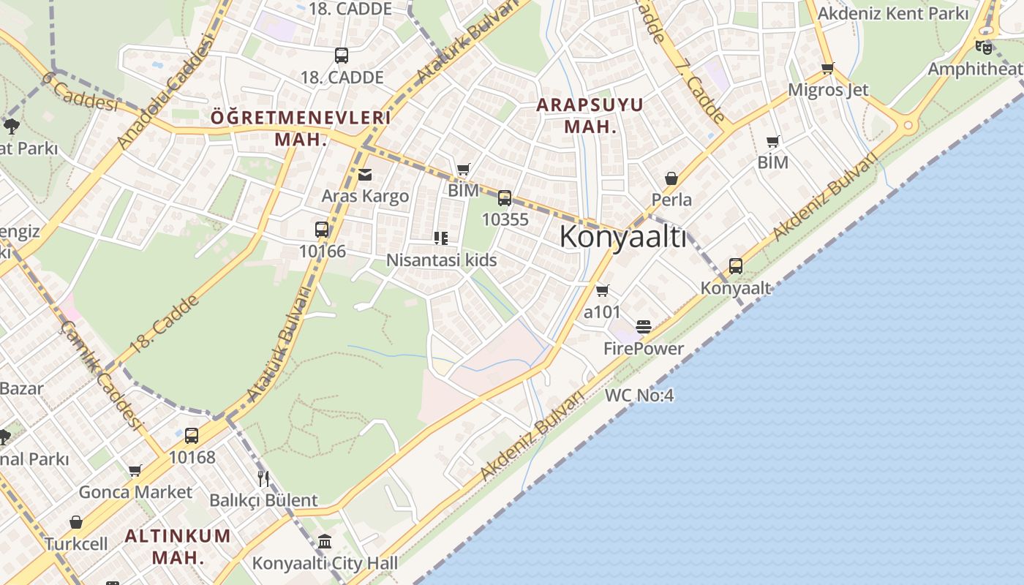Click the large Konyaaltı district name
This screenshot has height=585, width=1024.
click(623, 237)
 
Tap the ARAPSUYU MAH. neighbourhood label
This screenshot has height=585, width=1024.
click(590, 115)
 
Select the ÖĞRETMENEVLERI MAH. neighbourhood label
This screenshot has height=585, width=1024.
click(300, 128)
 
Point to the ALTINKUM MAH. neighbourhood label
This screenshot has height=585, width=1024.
click(178, 546)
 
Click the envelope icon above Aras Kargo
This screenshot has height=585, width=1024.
click(365, 174)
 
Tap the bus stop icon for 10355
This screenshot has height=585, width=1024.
click(504, 197)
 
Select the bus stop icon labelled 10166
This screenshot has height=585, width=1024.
click(321, 229)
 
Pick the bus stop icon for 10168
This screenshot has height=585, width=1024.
click(192, 436)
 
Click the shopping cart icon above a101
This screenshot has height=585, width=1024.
click(602, 291)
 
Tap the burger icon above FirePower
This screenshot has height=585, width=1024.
click(644, 327)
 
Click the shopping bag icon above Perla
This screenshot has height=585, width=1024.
click(671, 178)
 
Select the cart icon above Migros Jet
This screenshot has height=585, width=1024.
click(827, 69)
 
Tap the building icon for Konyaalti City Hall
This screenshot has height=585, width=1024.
click(325, 542)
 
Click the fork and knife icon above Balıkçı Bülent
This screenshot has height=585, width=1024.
click(263, 479)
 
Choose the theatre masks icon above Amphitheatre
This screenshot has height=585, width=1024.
click(984, 48)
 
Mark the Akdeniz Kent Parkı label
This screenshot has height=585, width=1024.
click(892, 13)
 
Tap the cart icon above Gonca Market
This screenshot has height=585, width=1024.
click(135, 470)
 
